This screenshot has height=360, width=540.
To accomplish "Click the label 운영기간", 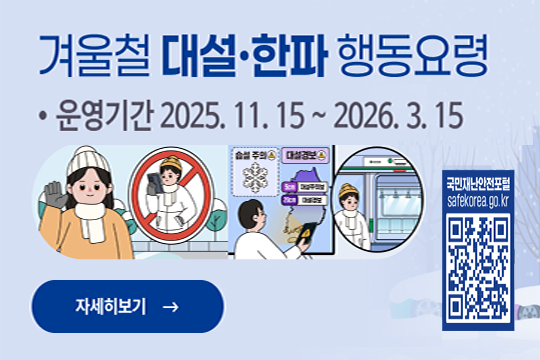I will click(x=99, y=118).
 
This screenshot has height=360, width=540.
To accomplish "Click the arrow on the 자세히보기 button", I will click(x=170, y=306).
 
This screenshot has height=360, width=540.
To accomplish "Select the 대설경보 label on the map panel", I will click(x=301, y=157).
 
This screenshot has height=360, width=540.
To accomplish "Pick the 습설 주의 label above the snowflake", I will click(x=254, y=157).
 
